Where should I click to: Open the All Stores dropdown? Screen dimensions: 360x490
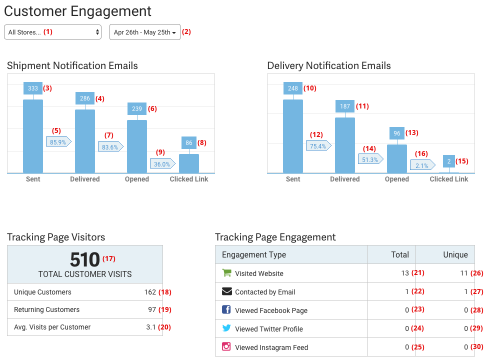click(x=52, y=32)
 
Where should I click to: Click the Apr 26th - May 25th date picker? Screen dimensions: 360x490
click(x=144, y=32)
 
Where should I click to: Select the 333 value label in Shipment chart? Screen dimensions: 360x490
click(x=33, y=88)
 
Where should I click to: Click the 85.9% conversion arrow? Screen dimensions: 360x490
click(x=58, y=142)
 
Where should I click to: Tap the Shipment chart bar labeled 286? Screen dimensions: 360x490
click(x=85, y=141)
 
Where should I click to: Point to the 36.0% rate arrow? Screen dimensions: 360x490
click(x=162, y=164)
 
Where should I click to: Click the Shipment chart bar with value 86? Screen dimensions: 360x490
click(x=189, y=163)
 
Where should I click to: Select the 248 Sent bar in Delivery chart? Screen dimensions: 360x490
click(x=293, y=136)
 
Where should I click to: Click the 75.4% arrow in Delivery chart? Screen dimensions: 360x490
click(x=318, y=146)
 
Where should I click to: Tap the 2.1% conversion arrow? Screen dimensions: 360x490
click(x=422, y=165)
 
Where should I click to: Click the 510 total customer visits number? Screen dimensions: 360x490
click(x=85, y=260)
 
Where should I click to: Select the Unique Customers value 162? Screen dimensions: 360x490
click(x=150, y=292)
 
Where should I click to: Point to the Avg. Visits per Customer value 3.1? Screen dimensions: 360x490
click(x=151, y=327)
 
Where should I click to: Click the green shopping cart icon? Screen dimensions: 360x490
click(x=226, y=273)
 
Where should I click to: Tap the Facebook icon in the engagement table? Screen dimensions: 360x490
click(x=226, y=310)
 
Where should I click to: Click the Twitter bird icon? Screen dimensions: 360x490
click(x=226, y=328)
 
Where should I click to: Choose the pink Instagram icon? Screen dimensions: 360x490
click(x=226, y=346)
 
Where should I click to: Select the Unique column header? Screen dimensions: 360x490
click(x=455, y=254)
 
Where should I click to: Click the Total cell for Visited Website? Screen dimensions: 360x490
click(x=404, y=273)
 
